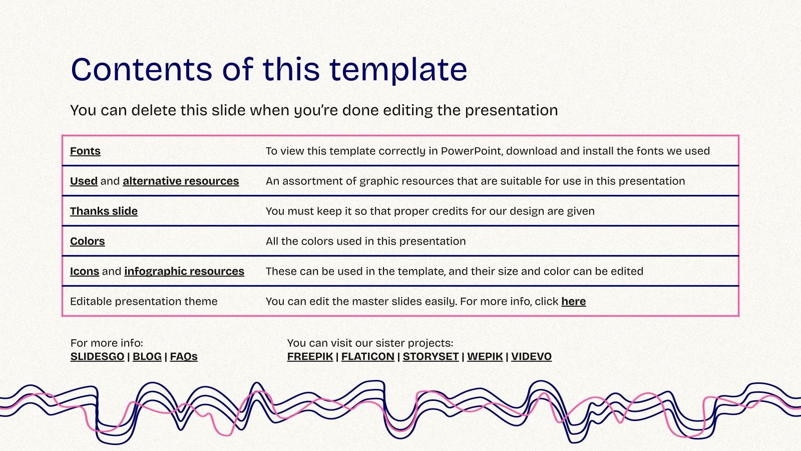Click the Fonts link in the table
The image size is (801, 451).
click(85, 151)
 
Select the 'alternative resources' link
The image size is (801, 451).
click(181, 181)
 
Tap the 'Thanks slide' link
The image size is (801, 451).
click(104, 211)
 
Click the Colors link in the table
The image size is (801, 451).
click(87, 242)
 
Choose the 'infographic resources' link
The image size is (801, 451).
click(184, 272)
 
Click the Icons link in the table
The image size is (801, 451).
click(85, 272)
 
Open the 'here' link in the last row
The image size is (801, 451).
click(573, 302)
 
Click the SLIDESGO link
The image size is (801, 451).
click(97, 357)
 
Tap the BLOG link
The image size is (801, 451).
click(147, 357)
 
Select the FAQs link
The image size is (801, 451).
click(184, 357)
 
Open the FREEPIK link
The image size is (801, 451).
click(310, 357)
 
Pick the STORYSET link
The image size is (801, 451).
click(431, 357)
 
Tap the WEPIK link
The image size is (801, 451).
click(485, 357)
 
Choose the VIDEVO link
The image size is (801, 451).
click(531, 357)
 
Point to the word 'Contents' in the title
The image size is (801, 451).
click(142, 69)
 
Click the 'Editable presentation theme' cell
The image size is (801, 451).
click(144, 302)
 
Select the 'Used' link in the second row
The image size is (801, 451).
click(84, 181)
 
